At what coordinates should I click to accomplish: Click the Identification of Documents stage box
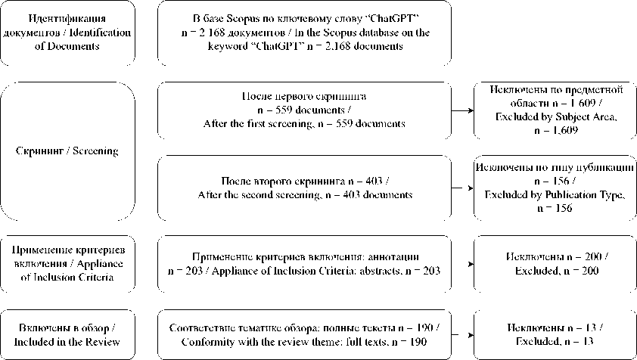[68, 32]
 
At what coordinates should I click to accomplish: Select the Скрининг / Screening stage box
[68, 151]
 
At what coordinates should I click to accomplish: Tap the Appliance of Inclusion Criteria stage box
[68, 263]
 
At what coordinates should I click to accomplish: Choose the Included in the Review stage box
[68, 334]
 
